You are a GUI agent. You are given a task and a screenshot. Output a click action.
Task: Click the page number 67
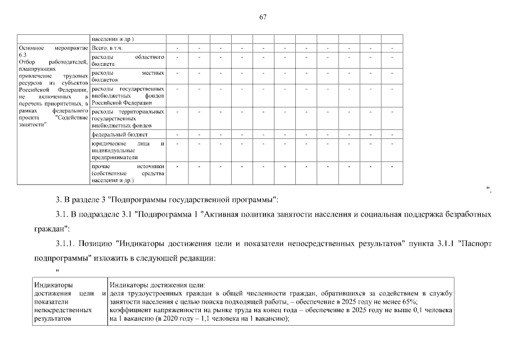(263, 17)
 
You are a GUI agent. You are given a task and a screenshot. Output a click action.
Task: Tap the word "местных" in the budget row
(153, 73)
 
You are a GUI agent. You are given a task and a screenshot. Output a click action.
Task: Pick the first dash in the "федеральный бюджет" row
(177, 135)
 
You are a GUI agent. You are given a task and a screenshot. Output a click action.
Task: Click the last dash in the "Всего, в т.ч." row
(392, 48)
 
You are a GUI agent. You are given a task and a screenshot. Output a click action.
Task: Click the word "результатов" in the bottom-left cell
(52, 318)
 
